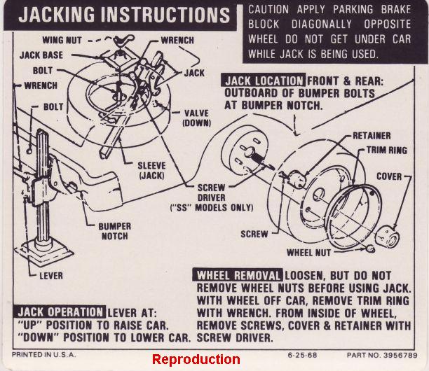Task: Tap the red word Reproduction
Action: point(196,359)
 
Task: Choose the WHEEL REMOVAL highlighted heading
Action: point(239,274)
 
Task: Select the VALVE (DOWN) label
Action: point(197,118)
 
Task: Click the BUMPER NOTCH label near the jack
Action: point(114,232)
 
